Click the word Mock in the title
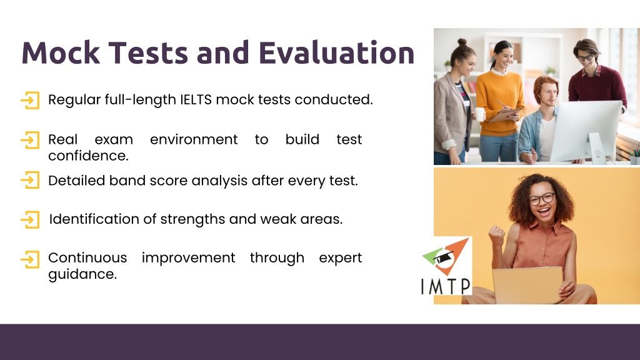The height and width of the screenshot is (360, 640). [61, 52]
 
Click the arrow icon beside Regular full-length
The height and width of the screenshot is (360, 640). [30, 101]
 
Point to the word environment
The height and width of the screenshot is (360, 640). [194, 139]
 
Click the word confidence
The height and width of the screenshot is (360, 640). [88, 156]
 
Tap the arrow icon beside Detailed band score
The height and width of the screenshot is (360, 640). [30, 180]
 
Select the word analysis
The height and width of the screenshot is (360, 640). [219, 181]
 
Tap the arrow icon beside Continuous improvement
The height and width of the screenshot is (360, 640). [30, 259]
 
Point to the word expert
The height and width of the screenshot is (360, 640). [341, 258]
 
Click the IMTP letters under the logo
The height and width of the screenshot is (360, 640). [446, 286]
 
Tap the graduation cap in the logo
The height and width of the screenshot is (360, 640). [442, 257]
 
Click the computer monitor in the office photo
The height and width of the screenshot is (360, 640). [586, 131]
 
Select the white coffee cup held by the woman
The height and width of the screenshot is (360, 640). [479, 114]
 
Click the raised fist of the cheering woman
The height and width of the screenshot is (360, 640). [497, 236]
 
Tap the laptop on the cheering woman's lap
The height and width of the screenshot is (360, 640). [527, 285]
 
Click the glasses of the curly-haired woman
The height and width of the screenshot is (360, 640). [542, 199]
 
